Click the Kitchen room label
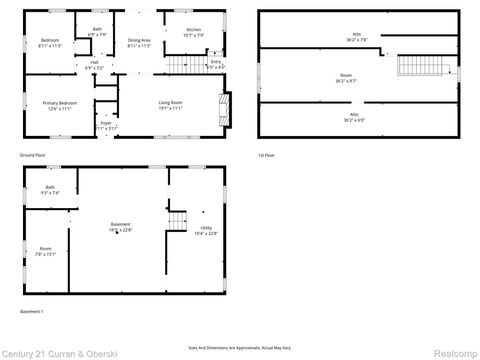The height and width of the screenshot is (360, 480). [x=193, y=31]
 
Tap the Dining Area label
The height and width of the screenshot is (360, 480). [x=139, y=42]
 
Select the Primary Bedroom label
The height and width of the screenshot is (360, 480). [x=59, y=106]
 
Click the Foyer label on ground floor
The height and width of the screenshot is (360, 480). [x=106, y=126]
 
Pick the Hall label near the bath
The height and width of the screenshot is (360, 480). [x=94, y=64]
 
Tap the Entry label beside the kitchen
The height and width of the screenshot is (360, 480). [x=215, y=65]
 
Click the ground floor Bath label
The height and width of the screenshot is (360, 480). [x=96, y=31]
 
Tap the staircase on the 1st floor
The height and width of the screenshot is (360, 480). [x=413, y=66]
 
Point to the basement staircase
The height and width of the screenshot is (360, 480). [x=177, y=222]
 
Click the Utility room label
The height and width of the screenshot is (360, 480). [x=206, y=230]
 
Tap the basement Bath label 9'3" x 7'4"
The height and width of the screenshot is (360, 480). [x=50, y=190]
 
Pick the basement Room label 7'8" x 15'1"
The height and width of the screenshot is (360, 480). [x=46, y=252]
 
